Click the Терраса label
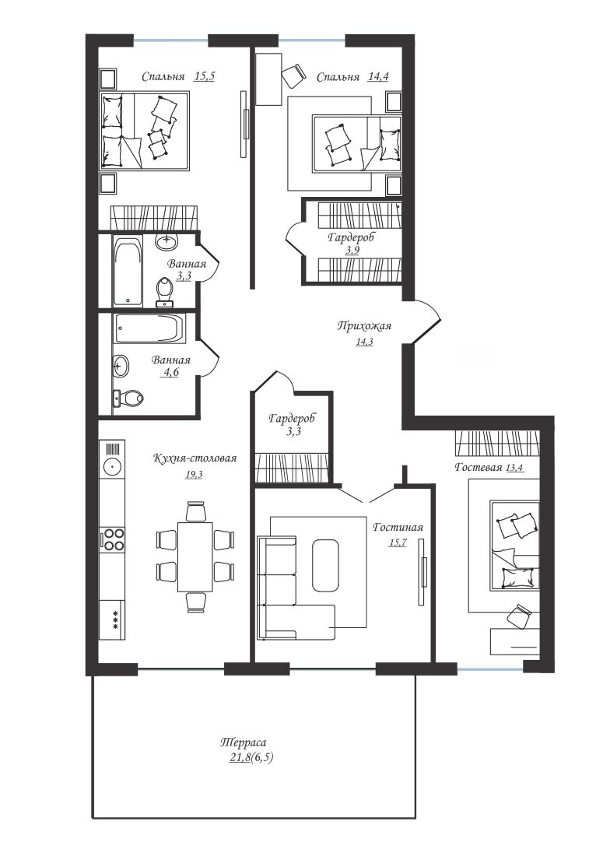243,742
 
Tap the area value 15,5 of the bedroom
204,76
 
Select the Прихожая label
364,326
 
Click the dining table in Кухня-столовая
195,556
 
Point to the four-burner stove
112,539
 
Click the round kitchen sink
112,467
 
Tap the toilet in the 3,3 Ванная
164,292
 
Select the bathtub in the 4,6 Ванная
148,328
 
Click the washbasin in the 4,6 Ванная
121,366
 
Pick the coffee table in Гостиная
326,565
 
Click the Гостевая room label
479,467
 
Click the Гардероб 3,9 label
352,244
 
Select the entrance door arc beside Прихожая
427,322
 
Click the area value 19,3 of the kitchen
194,475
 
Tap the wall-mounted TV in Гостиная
421,572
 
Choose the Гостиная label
398,528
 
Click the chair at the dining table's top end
195,511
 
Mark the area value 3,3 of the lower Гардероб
293,432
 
